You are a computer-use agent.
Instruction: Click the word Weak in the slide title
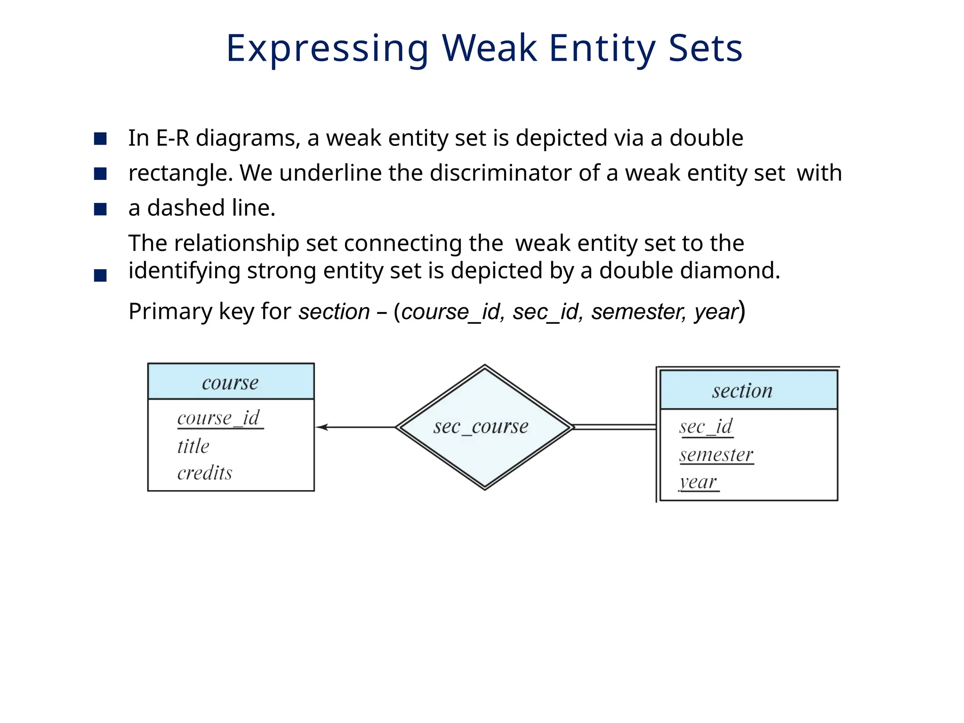[490, 48]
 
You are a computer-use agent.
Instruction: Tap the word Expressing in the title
[327, 49]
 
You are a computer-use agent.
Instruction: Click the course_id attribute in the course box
[219, 418]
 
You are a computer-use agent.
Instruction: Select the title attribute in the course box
[193, 446]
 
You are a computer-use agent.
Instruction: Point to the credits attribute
[205, 473]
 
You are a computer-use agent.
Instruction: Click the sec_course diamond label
[481, 427]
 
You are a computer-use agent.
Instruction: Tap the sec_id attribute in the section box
[706, 426]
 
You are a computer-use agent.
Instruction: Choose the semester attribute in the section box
[716, 455]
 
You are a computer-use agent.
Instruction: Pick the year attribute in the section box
[699, 482]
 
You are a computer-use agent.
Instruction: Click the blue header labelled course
[231, 382]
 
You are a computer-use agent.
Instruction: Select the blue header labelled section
[748, 391]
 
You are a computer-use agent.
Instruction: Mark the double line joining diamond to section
[615, 427]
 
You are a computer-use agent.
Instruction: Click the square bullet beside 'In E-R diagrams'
[100, 139]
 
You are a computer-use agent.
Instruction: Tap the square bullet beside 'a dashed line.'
[100, 209]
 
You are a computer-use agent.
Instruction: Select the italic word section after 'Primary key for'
[334, 312]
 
